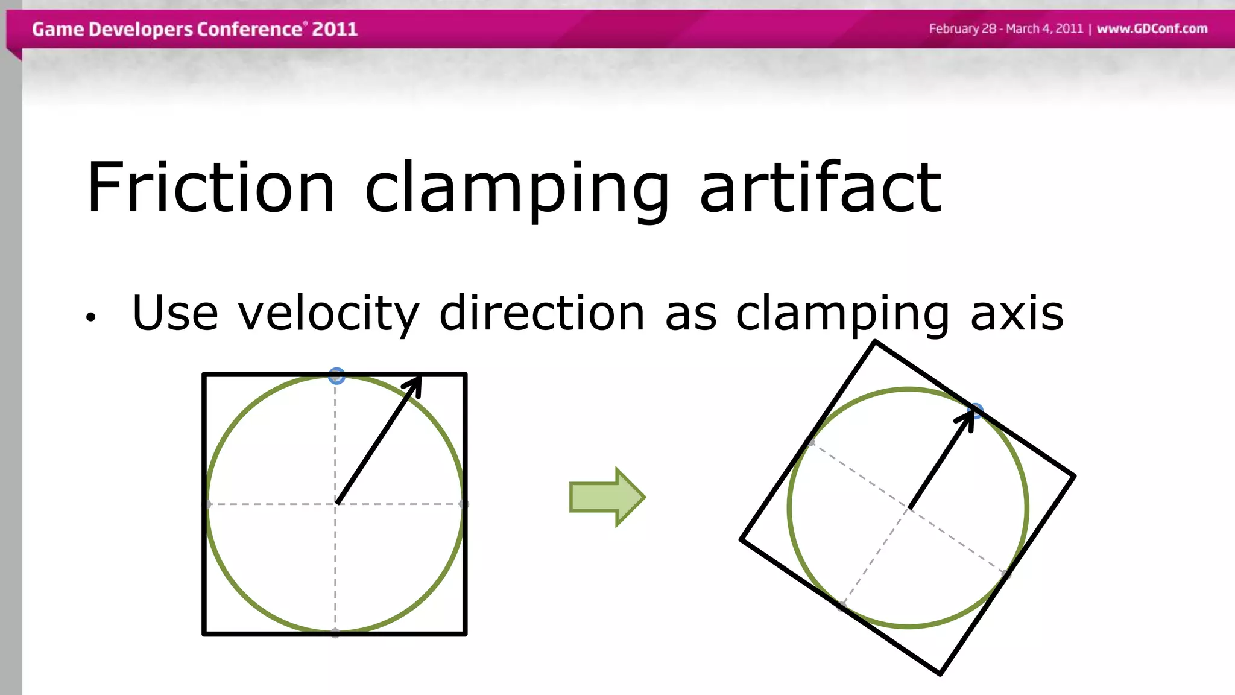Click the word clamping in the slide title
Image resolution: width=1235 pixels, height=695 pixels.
(x=517, y=188)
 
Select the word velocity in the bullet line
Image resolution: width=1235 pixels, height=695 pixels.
(x=328, y=313)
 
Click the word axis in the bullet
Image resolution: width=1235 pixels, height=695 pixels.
(x=1017, y=313)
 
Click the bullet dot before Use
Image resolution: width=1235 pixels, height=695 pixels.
(x=90, y=317)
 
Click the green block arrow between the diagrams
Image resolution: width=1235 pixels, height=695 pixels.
(x=607, y=497)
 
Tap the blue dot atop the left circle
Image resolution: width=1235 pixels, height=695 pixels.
(x=336, y=376)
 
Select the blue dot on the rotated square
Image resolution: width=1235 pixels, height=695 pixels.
(x=975, y=411)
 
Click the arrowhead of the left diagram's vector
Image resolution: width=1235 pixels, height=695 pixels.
(x=415, y=384)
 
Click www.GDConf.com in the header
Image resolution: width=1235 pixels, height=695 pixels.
(x=1152, y=28)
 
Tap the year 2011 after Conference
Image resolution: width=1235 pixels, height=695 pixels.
(x=335, y=29)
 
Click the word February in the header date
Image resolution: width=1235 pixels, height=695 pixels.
(x=953, y=28)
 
